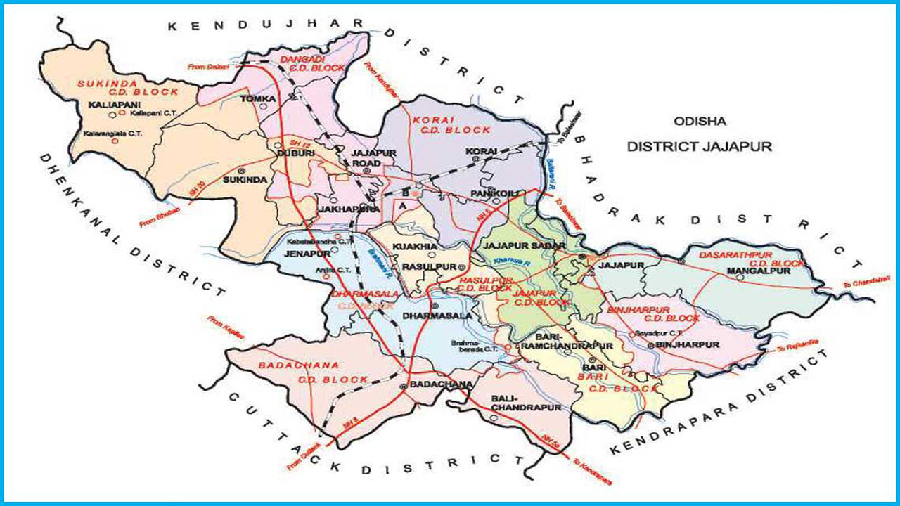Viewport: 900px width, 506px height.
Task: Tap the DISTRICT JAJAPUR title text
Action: (x=700, y=146)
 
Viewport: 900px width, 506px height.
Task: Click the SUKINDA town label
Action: (x=244, y=180)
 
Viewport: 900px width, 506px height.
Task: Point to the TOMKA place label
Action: (x=257, y=99)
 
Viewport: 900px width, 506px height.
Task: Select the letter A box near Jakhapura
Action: (x=401, y=207)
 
